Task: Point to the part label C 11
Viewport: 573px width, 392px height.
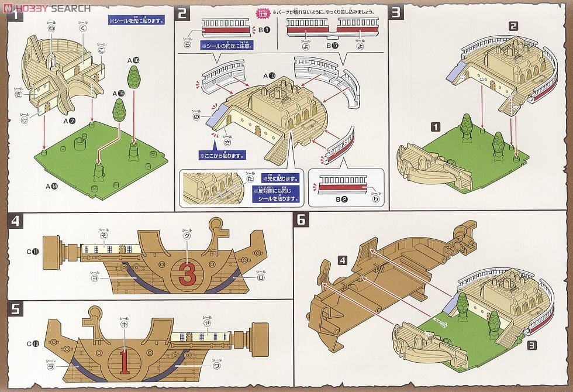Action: pyautogui.click(x=32, y=252)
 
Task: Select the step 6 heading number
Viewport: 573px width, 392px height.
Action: pyautogui.click(x=302, y=220)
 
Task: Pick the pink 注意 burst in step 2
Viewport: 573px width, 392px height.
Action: pyautogui.click(x=260, y=12)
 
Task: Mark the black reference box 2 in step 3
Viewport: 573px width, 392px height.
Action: pyautogui.click(x=513, y=26)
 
